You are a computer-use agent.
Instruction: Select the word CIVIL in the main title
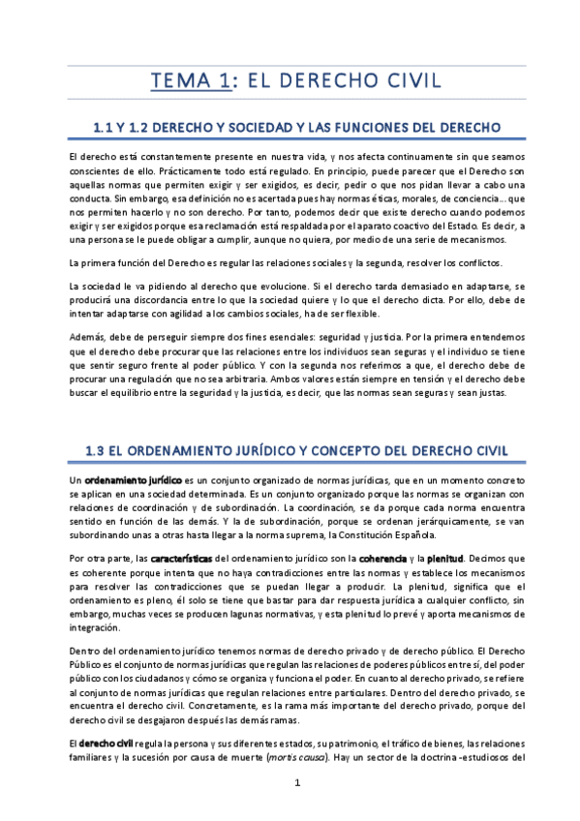pyautogui.click(x=401, y=80)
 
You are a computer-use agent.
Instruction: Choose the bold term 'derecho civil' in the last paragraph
pyautogui.click(x=106, y=742)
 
